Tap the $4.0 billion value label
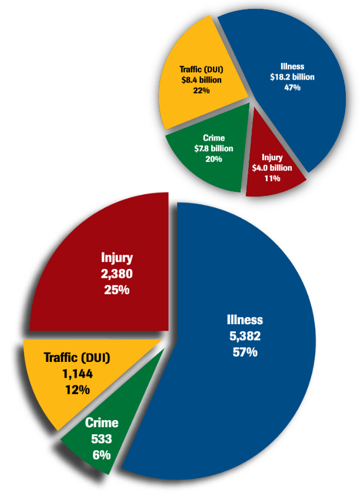(x=272, y=168)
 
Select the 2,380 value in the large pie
(x=116, y=274)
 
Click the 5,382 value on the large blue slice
(x=245, y=337)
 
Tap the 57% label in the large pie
(x=245, y=352)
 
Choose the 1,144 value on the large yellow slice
(x=76, y=373)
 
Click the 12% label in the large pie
(x=76, y=389)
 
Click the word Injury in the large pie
(x=116, y=258)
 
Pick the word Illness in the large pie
(x=245, y=321)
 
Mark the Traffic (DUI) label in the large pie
(x=77, y=357)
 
